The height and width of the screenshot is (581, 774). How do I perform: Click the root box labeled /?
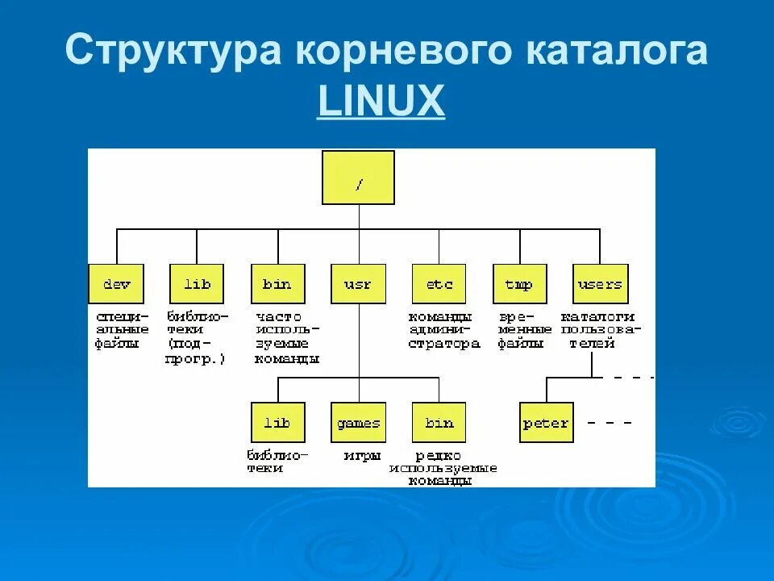[358, 178]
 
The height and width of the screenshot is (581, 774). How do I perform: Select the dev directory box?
[116, 284]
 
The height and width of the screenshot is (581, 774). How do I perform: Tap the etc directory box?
[439, 284]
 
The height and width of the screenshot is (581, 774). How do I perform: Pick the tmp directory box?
[519, 284]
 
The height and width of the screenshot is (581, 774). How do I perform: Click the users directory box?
[600, 284]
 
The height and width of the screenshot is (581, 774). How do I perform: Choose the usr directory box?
[358, 284]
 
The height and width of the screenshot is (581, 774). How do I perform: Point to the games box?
[358, 423]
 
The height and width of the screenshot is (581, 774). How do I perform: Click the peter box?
[546, 423]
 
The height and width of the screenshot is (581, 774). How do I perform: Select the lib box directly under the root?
[197, 284]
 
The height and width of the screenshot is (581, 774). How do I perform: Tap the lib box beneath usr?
[277, 423]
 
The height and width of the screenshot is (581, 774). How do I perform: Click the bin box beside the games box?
[439, 423]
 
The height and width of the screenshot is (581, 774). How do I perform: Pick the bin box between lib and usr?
[277, 284]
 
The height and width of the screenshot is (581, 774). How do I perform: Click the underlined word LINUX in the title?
[381, 102]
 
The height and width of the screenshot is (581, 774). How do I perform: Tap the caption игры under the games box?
[362, 456]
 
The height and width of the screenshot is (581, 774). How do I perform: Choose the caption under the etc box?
[443, 330]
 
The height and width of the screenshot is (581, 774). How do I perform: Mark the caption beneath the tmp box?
[524, 330]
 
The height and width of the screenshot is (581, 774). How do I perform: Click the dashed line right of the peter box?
[609, 422]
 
